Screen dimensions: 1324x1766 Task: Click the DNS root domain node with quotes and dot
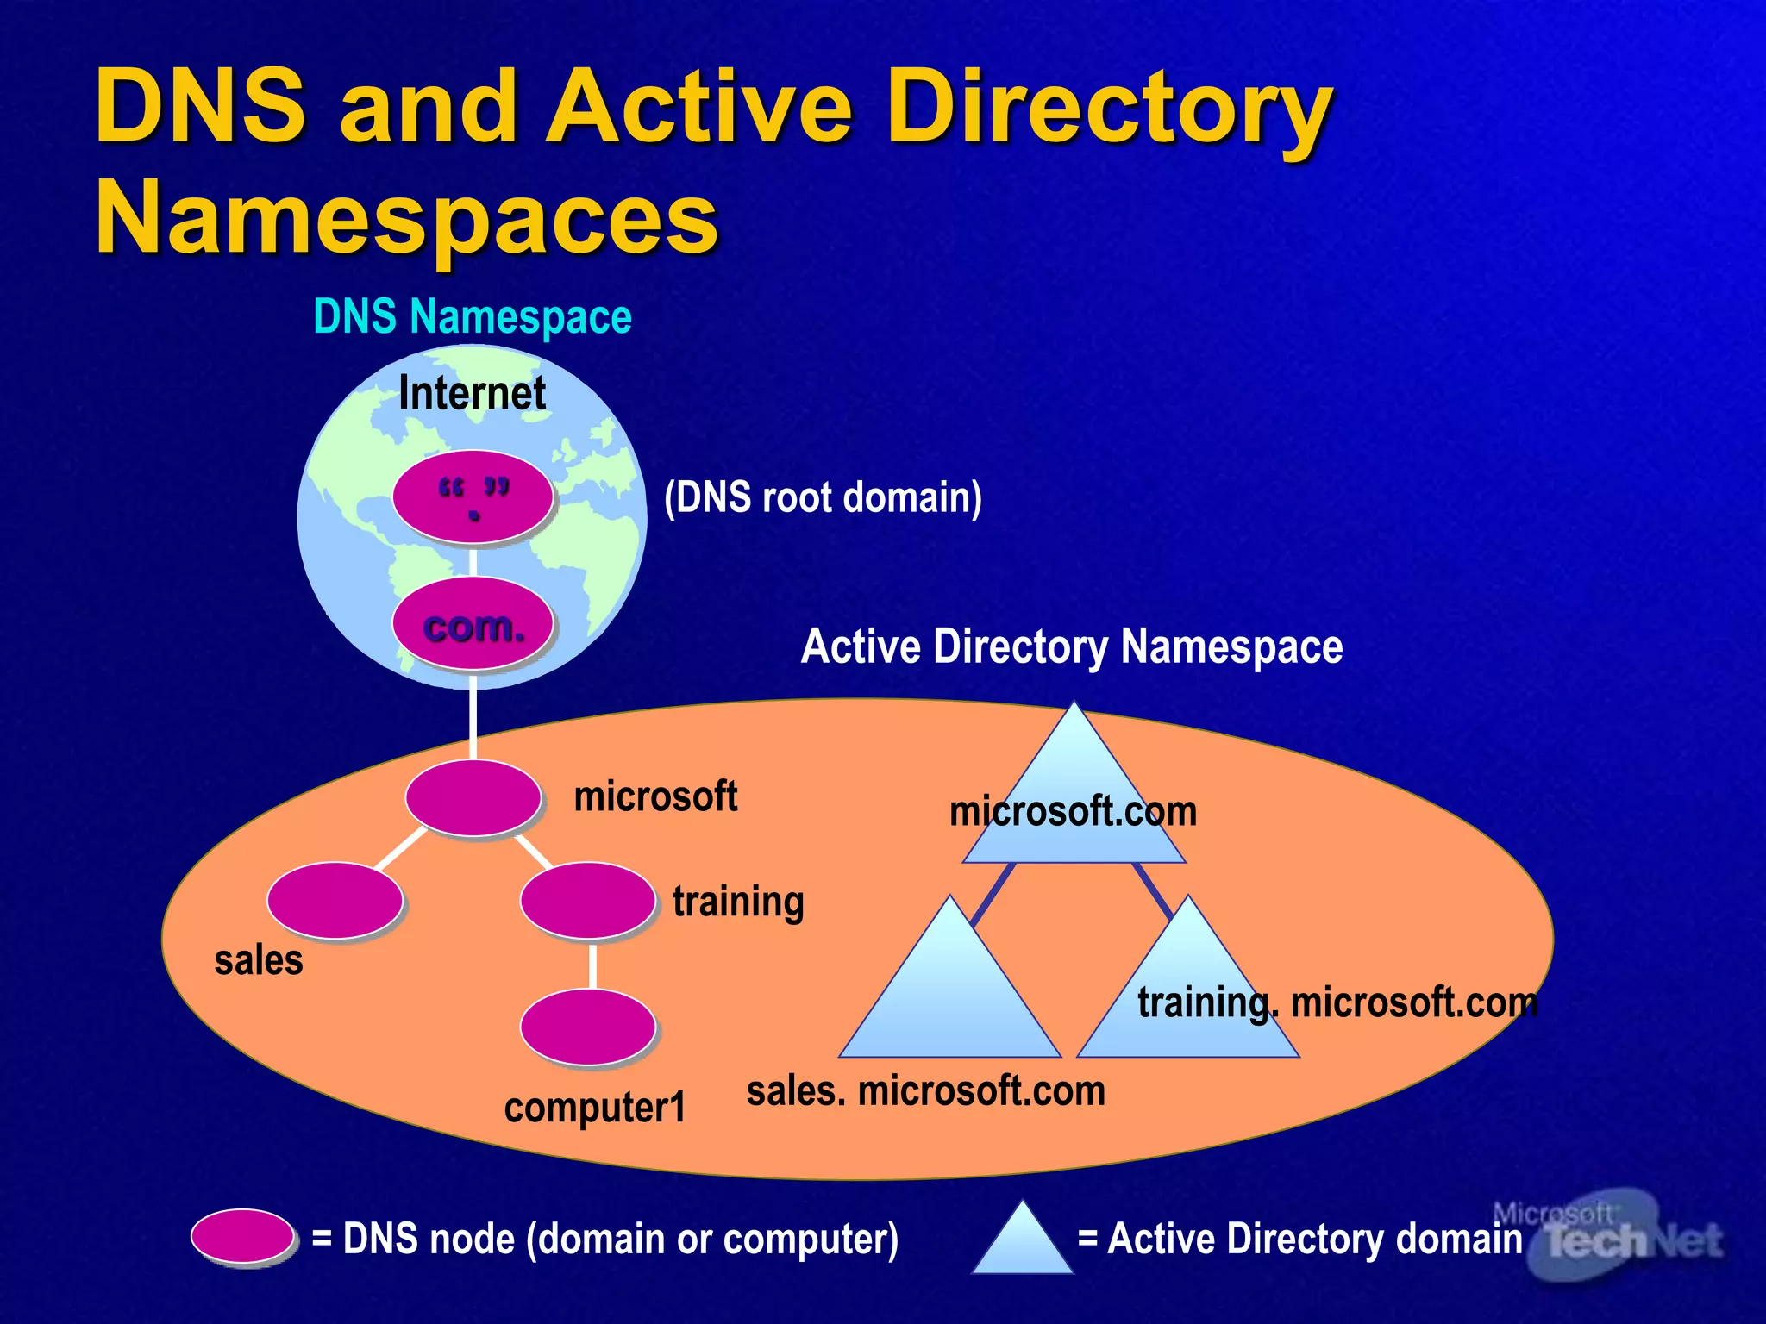(x=473, y=497)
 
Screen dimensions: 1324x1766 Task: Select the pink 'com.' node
(x=473, y=624)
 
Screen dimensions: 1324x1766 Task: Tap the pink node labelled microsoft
(x=473, y=797)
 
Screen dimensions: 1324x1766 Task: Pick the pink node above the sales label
(x=335, y=901)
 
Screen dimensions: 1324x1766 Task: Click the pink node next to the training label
(x=587, y=901)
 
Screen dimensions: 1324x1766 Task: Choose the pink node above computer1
(x=587, y=1027)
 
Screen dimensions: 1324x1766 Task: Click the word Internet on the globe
(x=472, y=393)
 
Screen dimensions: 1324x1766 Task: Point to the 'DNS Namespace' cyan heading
(x=472, y=316)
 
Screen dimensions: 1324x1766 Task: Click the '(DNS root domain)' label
(x=823, y=497)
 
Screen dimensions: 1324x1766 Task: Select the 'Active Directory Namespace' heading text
(x=1071, y=646)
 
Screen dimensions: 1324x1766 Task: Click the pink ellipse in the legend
(x=243, y=1236)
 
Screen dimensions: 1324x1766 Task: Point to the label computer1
(x=595, y=1107)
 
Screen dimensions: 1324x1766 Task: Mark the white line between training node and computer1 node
(x=592, y=965)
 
